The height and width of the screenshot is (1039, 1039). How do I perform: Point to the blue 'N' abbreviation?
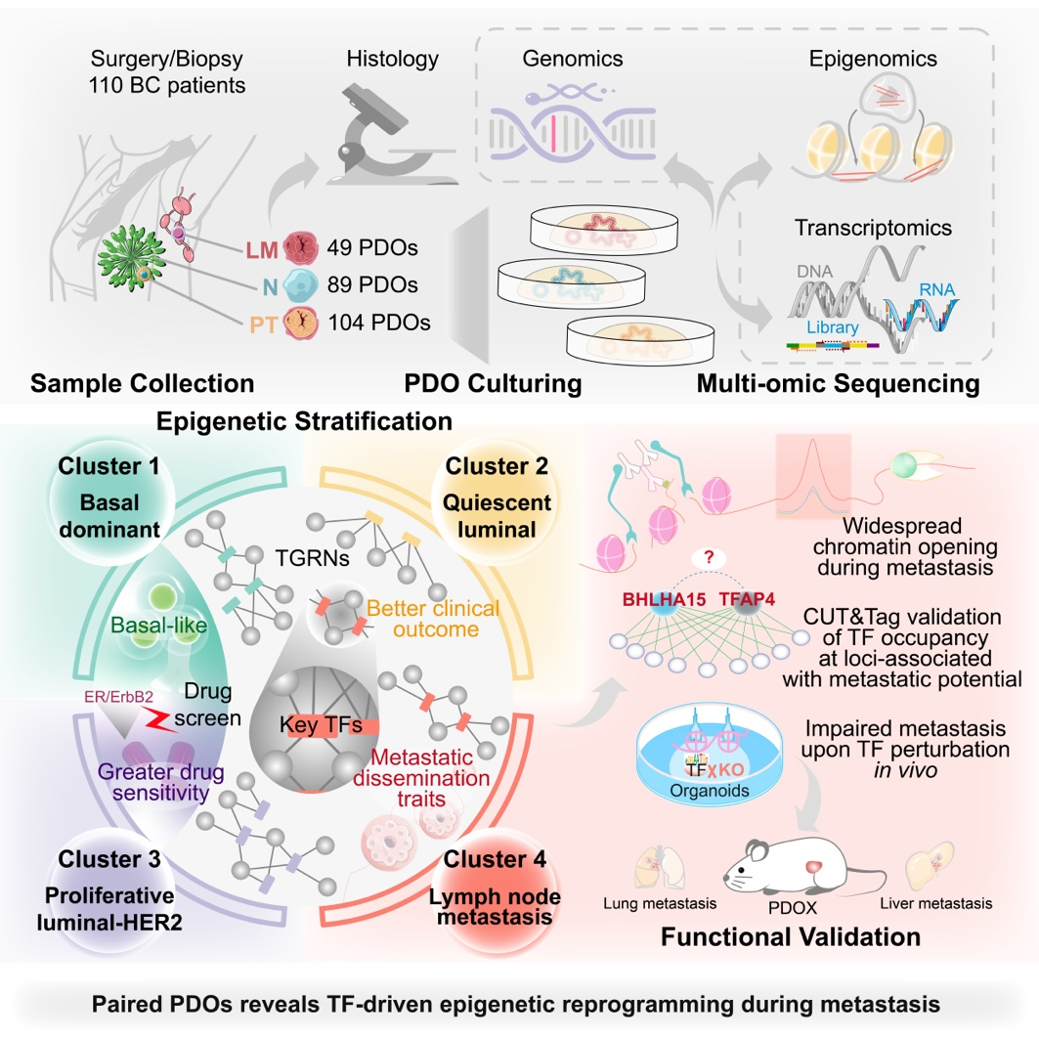265,286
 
